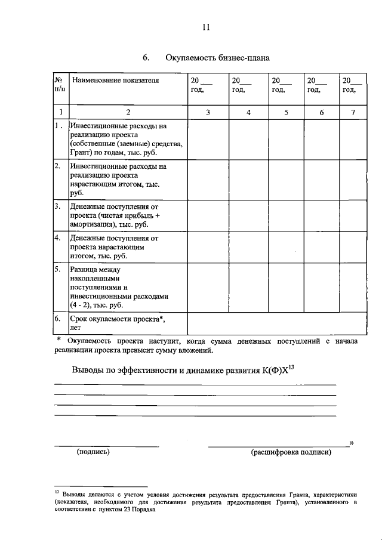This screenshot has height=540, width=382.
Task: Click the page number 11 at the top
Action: [x=205, y=26]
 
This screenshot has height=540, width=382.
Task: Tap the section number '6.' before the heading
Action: [x=145, y=58]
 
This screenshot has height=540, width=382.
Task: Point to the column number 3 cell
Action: [x=208, y=112]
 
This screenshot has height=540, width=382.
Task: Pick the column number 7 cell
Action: [x=352, y=112]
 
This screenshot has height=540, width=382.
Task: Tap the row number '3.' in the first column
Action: [x=58, y=206]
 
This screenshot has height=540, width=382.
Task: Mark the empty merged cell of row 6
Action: [x=276, y=323]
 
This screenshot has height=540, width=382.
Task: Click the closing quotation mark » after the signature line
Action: [x=352, y=442]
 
